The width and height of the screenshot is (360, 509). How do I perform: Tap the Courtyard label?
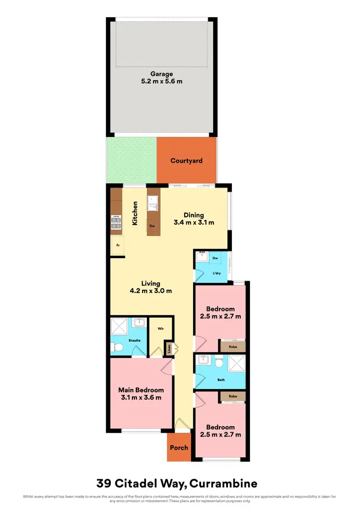click(186, 161)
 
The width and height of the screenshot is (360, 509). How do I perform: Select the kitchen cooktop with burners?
click(117, 221)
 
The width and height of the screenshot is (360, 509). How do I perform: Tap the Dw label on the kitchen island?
click(152, 225)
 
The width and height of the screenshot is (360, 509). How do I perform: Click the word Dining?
click(193, 215)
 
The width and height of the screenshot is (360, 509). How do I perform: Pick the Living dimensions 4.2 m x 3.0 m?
click(150, 291)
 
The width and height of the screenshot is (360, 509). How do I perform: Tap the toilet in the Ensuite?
click(118, 347)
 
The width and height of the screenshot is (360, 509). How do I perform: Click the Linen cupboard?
click(169, 349)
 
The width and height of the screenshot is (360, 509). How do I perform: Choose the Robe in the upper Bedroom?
click(232, 345)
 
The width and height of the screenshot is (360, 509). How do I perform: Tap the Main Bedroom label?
click(141, 390)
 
